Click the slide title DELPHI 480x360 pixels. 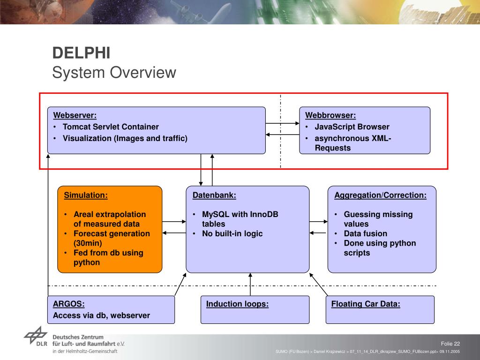(81, 52)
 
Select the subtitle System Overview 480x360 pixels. (114, 73)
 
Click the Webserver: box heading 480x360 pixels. (75, 115)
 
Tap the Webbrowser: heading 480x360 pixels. (330, 115)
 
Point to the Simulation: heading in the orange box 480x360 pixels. (86, 195)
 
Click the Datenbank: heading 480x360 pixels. (214, 195)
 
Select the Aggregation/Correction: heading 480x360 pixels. (380, 195)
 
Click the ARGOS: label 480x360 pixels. (68, 304)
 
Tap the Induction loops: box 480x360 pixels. (255, 309)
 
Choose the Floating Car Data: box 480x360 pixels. (380, 309)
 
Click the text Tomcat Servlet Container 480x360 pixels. (111, 127)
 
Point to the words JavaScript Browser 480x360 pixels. (352, 127)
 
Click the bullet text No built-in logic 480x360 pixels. (232, 233)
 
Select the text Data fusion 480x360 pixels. (366, 233)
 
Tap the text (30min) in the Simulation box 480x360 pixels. (88, 243)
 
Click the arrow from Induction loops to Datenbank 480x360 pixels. (250, 285)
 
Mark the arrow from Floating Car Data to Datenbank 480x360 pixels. (318, 285)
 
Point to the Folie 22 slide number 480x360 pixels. (450, 344)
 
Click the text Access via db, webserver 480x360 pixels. (101, 315)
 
